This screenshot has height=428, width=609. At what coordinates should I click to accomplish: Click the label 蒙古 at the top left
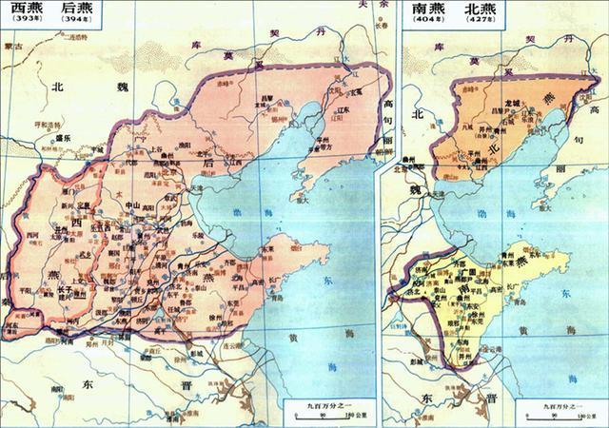(13, 45)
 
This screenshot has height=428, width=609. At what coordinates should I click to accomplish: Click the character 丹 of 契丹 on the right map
(568, 41)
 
